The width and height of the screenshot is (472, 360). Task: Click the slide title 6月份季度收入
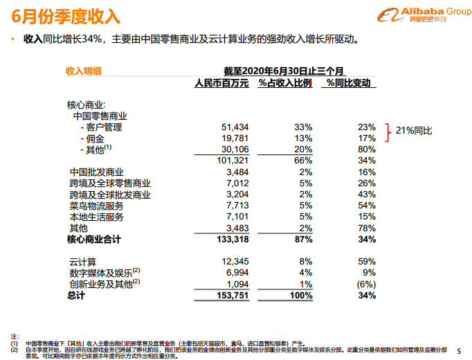[x=66, y=14]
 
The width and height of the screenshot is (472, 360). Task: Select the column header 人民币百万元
[x=221, y=83]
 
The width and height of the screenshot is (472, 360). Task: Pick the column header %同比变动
[x=350, y=83]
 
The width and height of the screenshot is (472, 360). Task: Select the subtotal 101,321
[x=232, y=160]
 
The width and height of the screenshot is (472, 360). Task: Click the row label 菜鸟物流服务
[x=96, y=206]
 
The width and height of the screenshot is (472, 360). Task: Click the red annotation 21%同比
[x=415, y=131]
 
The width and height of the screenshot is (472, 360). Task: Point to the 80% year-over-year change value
[x=367, y=149]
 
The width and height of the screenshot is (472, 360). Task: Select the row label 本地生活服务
[x=96, y=217]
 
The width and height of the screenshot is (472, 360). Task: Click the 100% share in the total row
[x=301, y=296]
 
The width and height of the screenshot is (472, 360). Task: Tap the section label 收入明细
[x=84, y=71]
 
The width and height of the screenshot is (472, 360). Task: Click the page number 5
[x=459, y=350]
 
